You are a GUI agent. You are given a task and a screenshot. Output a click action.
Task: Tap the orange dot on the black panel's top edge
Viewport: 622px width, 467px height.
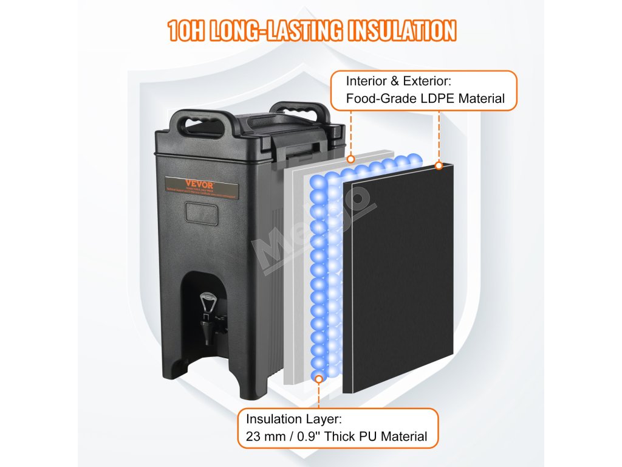pos(438,165)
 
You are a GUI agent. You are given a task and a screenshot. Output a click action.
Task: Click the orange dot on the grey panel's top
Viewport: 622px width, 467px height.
pos(350,159)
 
